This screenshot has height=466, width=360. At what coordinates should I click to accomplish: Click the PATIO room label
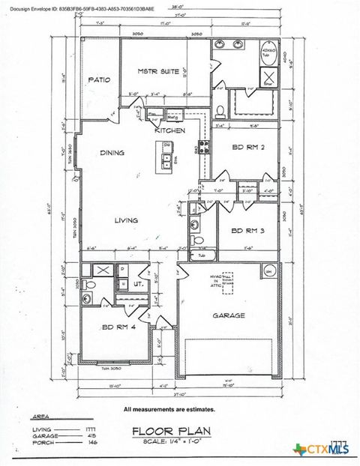[100, 80]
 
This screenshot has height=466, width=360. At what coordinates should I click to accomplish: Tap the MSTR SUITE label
[158, 71]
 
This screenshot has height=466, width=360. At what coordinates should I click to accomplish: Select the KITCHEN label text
[169, 131]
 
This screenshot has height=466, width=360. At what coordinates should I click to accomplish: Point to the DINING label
[112, 153]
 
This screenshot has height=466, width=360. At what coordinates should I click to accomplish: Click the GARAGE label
[229, 315]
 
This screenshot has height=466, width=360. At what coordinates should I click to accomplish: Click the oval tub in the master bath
[267, 51]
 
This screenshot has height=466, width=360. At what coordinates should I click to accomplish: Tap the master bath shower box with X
[268, 78]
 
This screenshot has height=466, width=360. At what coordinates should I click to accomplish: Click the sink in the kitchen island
[165, 160]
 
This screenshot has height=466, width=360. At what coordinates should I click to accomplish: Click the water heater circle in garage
[266, 272]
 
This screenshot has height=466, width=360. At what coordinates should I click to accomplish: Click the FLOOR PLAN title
[172, 431]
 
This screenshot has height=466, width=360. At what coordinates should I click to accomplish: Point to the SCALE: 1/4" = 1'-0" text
[172, 442]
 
